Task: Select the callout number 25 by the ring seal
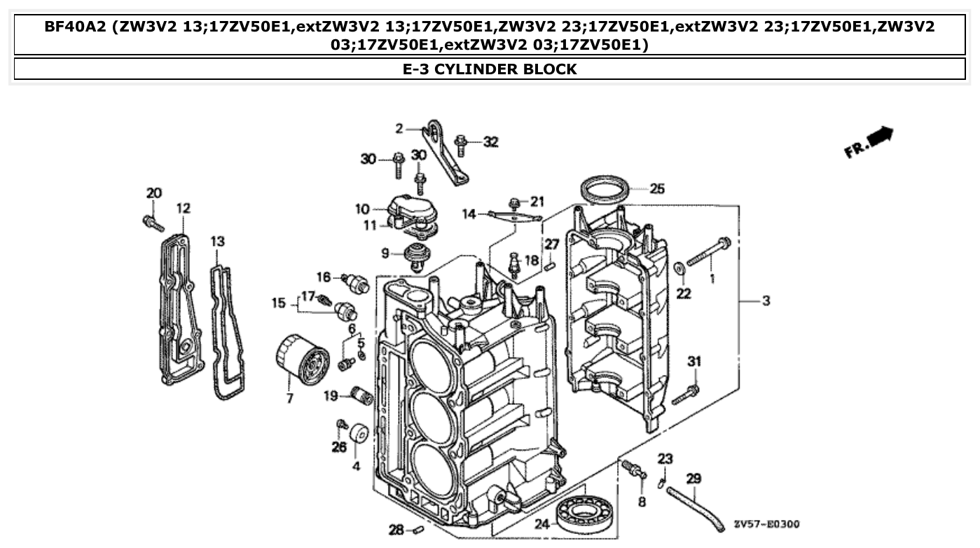click(x=656, y=189)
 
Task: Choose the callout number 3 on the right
click(x=766, y=301)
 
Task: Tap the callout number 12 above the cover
click(x=183, y=208)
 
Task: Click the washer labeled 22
click(x=679, y=269)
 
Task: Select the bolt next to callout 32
click(x=461, y=145)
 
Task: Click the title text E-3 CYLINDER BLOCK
click(x=490, y=69)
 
